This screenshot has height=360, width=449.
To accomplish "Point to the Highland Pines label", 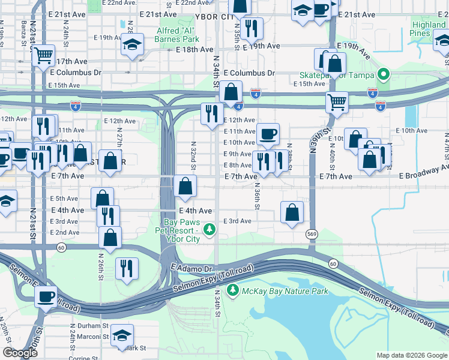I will tap(429, 29).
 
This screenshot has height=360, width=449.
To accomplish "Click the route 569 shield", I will tap(311, 234).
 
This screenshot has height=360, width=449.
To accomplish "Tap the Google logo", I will tap(20, 353).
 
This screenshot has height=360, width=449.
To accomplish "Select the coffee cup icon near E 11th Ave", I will tap(268, 133).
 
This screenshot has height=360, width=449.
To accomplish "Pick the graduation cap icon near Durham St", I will tap(122, 335).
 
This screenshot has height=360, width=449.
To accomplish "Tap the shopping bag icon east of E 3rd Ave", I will tap(292, 212).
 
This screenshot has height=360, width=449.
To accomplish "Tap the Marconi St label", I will tap(92, 337).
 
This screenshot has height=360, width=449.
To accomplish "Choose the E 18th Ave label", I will tap(195, 49).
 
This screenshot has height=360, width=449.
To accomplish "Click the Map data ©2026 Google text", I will tap(412, 355).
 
